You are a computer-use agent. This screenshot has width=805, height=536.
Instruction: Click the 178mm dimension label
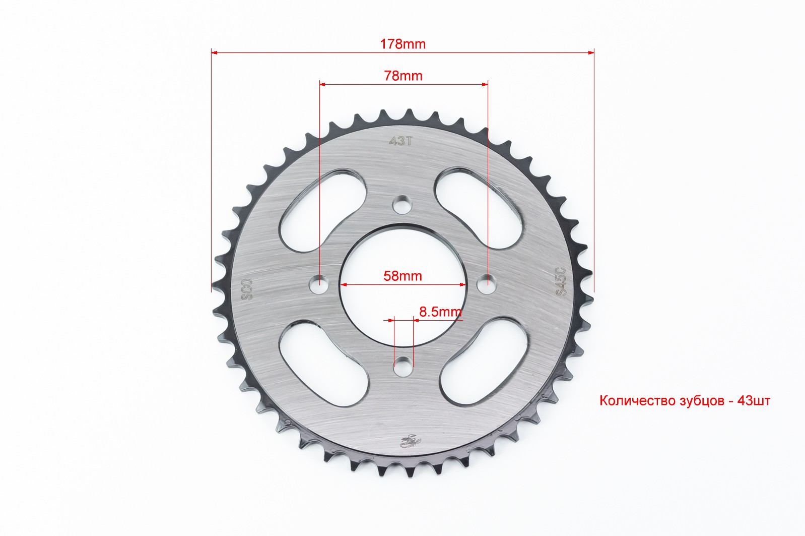[x=403, y=44]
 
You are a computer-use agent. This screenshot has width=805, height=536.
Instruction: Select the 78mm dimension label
[x=403, y=76]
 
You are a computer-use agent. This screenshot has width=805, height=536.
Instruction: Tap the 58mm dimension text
[x=402, y=276]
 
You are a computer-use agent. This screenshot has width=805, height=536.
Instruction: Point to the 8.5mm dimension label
[x=440, y=312]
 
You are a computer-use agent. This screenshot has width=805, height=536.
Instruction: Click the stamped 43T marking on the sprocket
[x=400, y=141]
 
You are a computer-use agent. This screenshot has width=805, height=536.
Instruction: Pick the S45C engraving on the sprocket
[x=561, y=282]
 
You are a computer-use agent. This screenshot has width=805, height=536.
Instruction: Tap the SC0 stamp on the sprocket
[x=247, y=289]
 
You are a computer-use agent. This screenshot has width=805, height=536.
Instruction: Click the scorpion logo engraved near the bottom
[x=410, y=442]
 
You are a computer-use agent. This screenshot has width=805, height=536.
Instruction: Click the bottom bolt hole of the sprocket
[x=402, y=366]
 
